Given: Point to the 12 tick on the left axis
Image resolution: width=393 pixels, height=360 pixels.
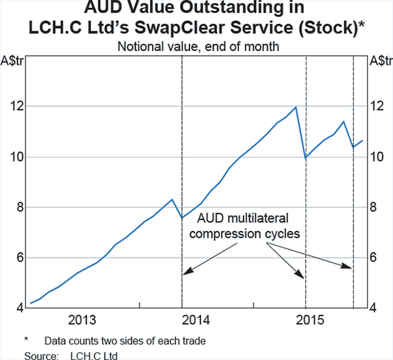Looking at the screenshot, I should (x=15, y=106).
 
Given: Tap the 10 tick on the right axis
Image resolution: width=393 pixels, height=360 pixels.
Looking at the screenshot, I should (x=378, y=157).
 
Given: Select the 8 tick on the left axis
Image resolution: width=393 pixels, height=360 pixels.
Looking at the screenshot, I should (x=18, y=207).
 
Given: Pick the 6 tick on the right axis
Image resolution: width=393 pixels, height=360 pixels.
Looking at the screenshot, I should (x=375, y=258).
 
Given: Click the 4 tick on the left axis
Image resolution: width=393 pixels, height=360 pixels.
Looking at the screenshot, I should (x=18, y=308).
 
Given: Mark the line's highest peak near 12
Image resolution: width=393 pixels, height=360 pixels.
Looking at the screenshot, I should (x=296, y=107).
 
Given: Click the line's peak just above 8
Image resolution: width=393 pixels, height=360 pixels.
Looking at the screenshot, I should (x=172, y=199).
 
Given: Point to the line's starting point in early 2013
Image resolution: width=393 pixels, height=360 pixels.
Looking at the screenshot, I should (x=31, y=303).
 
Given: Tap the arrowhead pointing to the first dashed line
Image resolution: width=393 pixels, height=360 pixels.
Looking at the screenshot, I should (x=185, y=271).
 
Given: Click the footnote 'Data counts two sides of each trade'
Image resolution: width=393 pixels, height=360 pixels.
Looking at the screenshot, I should (x=124, y=341).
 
